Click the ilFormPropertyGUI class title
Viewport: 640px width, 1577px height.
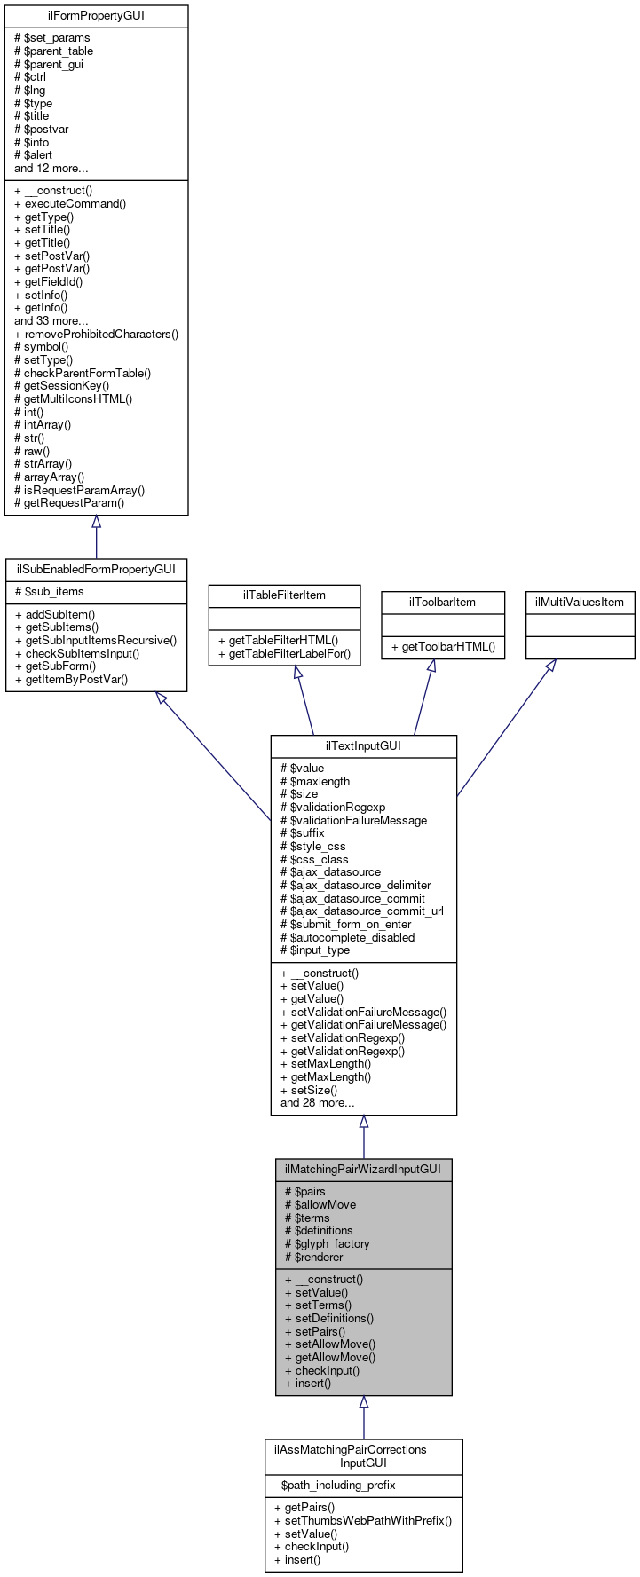[96, 16]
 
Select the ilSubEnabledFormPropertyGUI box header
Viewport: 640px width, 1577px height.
[96, 569]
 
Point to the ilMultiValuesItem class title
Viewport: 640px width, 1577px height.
[580, 602]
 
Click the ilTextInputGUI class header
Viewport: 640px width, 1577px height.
[363, 745]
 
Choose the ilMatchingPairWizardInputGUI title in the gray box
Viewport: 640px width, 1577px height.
[363, 1169]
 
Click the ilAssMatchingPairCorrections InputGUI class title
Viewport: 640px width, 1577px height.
[363, 1455]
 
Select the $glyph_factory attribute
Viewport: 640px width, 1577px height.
[327, 1243]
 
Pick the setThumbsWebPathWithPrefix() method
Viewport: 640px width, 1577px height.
[363, 1520]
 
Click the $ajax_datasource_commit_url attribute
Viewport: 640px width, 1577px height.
[361, 911]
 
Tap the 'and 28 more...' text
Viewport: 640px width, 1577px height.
[317, 1102]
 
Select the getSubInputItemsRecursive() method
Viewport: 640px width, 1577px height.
[95, 640]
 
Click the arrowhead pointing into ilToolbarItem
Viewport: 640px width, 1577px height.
[431, 666]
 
